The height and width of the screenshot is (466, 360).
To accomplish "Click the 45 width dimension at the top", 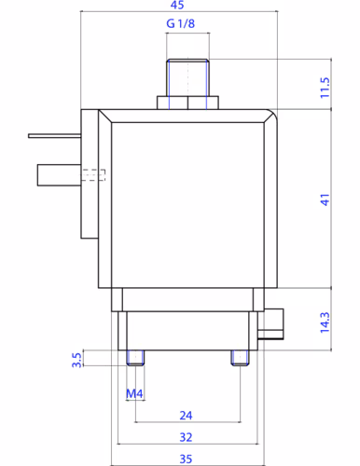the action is (x=177, y=5).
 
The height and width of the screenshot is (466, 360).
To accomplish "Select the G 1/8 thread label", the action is (x=181, y=23).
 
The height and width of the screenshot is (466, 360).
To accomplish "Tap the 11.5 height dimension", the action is (x=325, y=88).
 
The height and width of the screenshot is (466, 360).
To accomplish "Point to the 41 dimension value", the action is (x=325, y=199).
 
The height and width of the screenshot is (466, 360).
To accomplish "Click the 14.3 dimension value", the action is (x=325, y=322).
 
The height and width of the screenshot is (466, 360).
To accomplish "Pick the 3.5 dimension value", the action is (x=76, y=360).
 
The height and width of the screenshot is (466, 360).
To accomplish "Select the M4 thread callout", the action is (x=134, y=394).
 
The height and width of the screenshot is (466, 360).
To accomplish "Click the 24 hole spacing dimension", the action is (x=186, y=416).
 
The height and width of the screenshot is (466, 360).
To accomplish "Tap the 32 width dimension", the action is (x=186, y=437).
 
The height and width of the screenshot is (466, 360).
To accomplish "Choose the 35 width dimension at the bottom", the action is (x=186, y=459).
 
